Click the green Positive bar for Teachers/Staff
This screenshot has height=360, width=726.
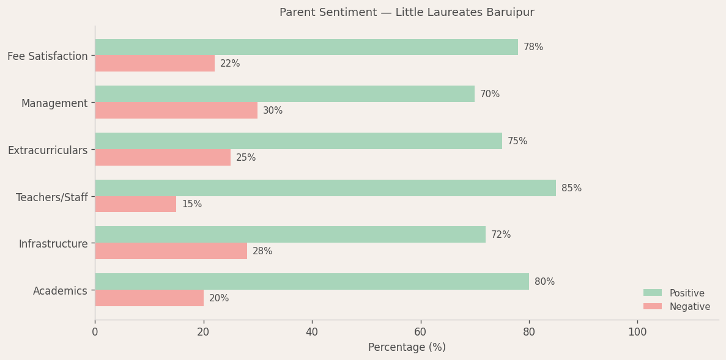click(x=325, y=188)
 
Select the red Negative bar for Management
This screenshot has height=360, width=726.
click(x=176, y=111)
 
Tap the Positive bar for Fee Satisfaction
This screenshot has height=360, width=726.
click(x=306, y=47)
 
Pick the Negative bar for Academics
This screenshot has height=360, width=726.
click(x=149, y=298)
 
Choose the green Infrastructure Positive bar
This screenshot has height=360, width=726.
click(x=290, y=235)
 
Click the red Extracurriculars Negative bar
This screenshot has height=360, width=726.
click(x=163, y=158)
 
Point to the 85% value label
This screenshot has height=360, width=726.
click(x=571, y=188)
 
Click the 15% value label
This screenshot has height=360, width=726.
click(x=191, y=204)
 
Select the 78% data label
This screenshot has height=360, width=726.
click(x=533, y=47)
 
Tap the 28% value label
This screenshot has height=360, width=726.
click(x=262, y=251)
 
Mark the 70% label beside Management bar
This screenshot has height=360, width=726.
click(x=489, y=94)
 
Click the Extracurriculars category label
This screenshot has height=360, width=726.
click(x=48, y=150)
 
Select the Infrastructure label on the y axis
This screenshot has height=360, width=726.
click(x=53, y=244)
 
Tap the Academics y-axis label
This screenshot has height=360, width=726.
click(x=60, y=291)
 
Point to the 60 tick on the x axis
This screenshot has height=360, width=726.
click(x=421, y=332)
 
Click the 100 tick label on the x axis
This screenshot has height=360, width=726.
click(x=637, y=332)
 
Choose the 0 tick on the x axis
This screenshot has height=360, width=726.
click(x=95, y=332)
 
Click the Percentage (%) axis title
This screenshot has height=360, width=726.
click(x=407, y=347)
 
